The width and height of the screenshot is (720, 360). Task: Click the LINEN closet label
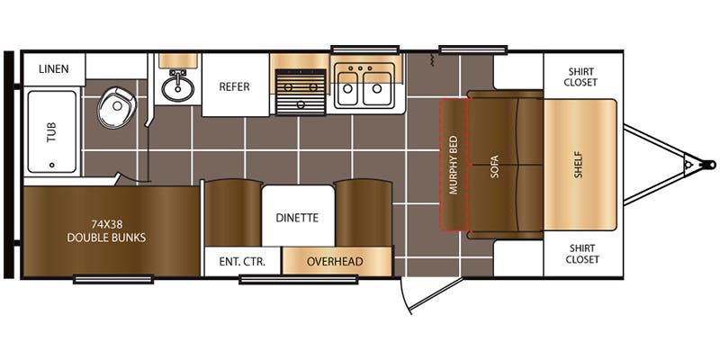pyautogui.click(x=54, y=69)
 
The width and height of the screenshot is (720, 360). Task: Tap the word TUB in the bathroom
pyautogui.click(x=51, y=131)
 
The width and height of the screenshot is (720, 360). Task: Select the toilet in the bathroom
pyautogui.click(x=117, y=107)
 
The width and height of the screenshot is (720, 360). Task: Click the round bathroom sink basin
pyautogui.click(x=177, y=88)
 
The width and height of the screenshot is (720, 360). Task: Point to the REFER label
pyautogui.click(x=234, y=86)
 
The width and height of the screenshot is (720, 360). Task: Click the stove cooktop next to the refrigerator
pyautogui.click(x=301, y=92)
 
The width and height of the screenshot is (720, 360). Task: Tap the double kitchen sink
pyautogui.click(x=363, y=85)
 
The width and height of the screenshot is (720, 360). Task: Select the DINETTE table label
pyautogui.click(x=297, y=218)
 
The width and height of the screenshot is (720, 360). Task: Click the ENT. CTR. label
pyautogui.click(x=242, y=262)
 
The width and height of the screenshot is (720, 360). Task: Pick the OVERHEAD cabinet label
pyautogui.click(x=335, y=262)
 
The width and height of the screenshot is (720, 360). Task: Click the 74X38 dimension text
pyautogui.click(x=106, y=225)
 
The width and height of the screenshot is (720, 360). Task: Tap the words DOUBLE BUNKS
pyautogui.click(x=106, y=238)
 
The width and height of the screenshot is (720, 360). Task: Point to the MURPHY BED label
pyautogui.click(x=454, y=165)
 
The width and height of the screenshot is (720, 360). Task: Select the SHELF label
pyautogui.click(x=578, y=165)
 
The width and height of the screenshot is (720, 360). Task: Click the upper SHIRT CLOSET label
pyautogui.click(x=581, y=77)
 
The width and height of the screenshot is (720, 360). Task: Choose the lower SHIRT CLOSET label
pyautogui.click(x=581, y=254)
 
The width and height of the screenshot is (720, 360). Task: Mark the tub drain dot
pyautogui.click(x=51, y=165)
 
